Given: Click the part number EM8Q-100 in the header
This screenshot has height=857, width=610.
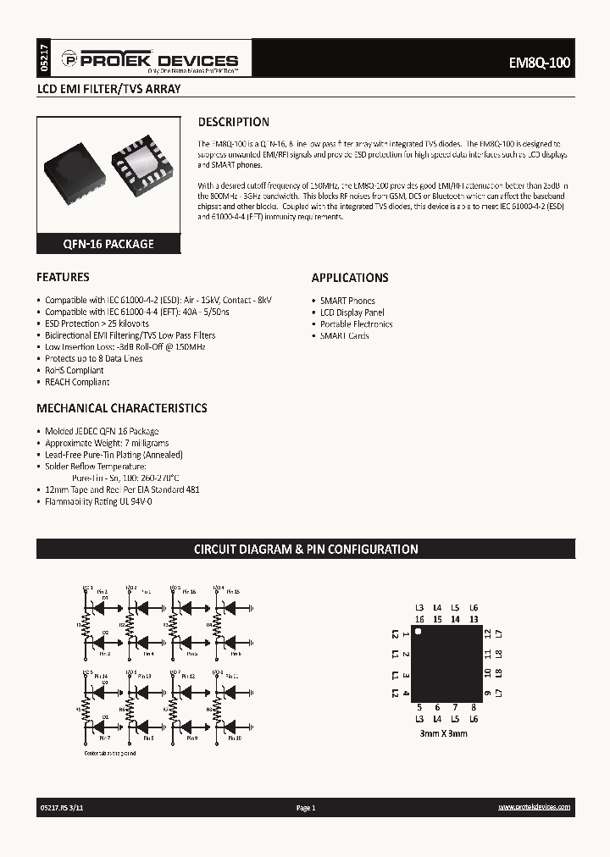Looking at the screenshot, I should (x=541, y=63).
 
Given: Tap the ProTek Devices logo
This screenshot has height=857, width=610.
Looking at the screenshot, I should (x=158, y=61).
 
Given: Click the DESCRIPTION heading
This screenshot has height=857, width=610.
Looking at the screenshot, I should (x=233, y=122).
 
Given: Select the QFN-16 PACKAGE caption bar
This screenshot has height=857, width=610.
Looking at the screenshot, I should (x=108, y=244).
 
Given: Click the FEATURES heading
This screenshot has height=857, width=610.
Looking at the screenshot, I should (x=63, y=277).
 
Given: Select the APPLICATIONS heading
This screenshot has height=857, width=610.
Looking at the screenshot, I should (x=350, y=278).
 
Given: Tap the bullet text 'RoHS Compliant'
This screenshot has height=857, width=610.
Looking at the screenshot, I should (x=75, y=370).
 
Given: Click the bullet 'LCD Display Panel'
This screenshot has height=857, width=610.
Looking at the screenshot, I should (x=352, y=312).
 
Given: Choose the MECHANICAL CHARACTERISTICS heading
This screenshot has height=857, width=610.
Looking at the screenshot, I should (x=121, y=408).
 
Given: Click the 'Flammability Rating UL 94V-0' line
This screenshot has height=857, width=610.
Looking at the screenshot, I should (x=98, y=501).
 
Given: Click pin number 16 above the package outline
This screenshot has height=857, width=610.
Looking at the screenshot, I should (x=419, y=619).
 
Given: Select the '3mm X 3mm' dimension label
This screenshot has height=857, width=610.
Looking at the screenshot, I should (x=443, y=733).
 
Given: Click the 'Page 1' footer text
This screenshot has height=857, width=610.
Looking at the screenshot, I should (x=305, y=809).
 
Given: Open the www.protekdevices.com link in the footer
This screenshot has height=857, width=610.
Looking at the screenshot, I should (x=534, y=809).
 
